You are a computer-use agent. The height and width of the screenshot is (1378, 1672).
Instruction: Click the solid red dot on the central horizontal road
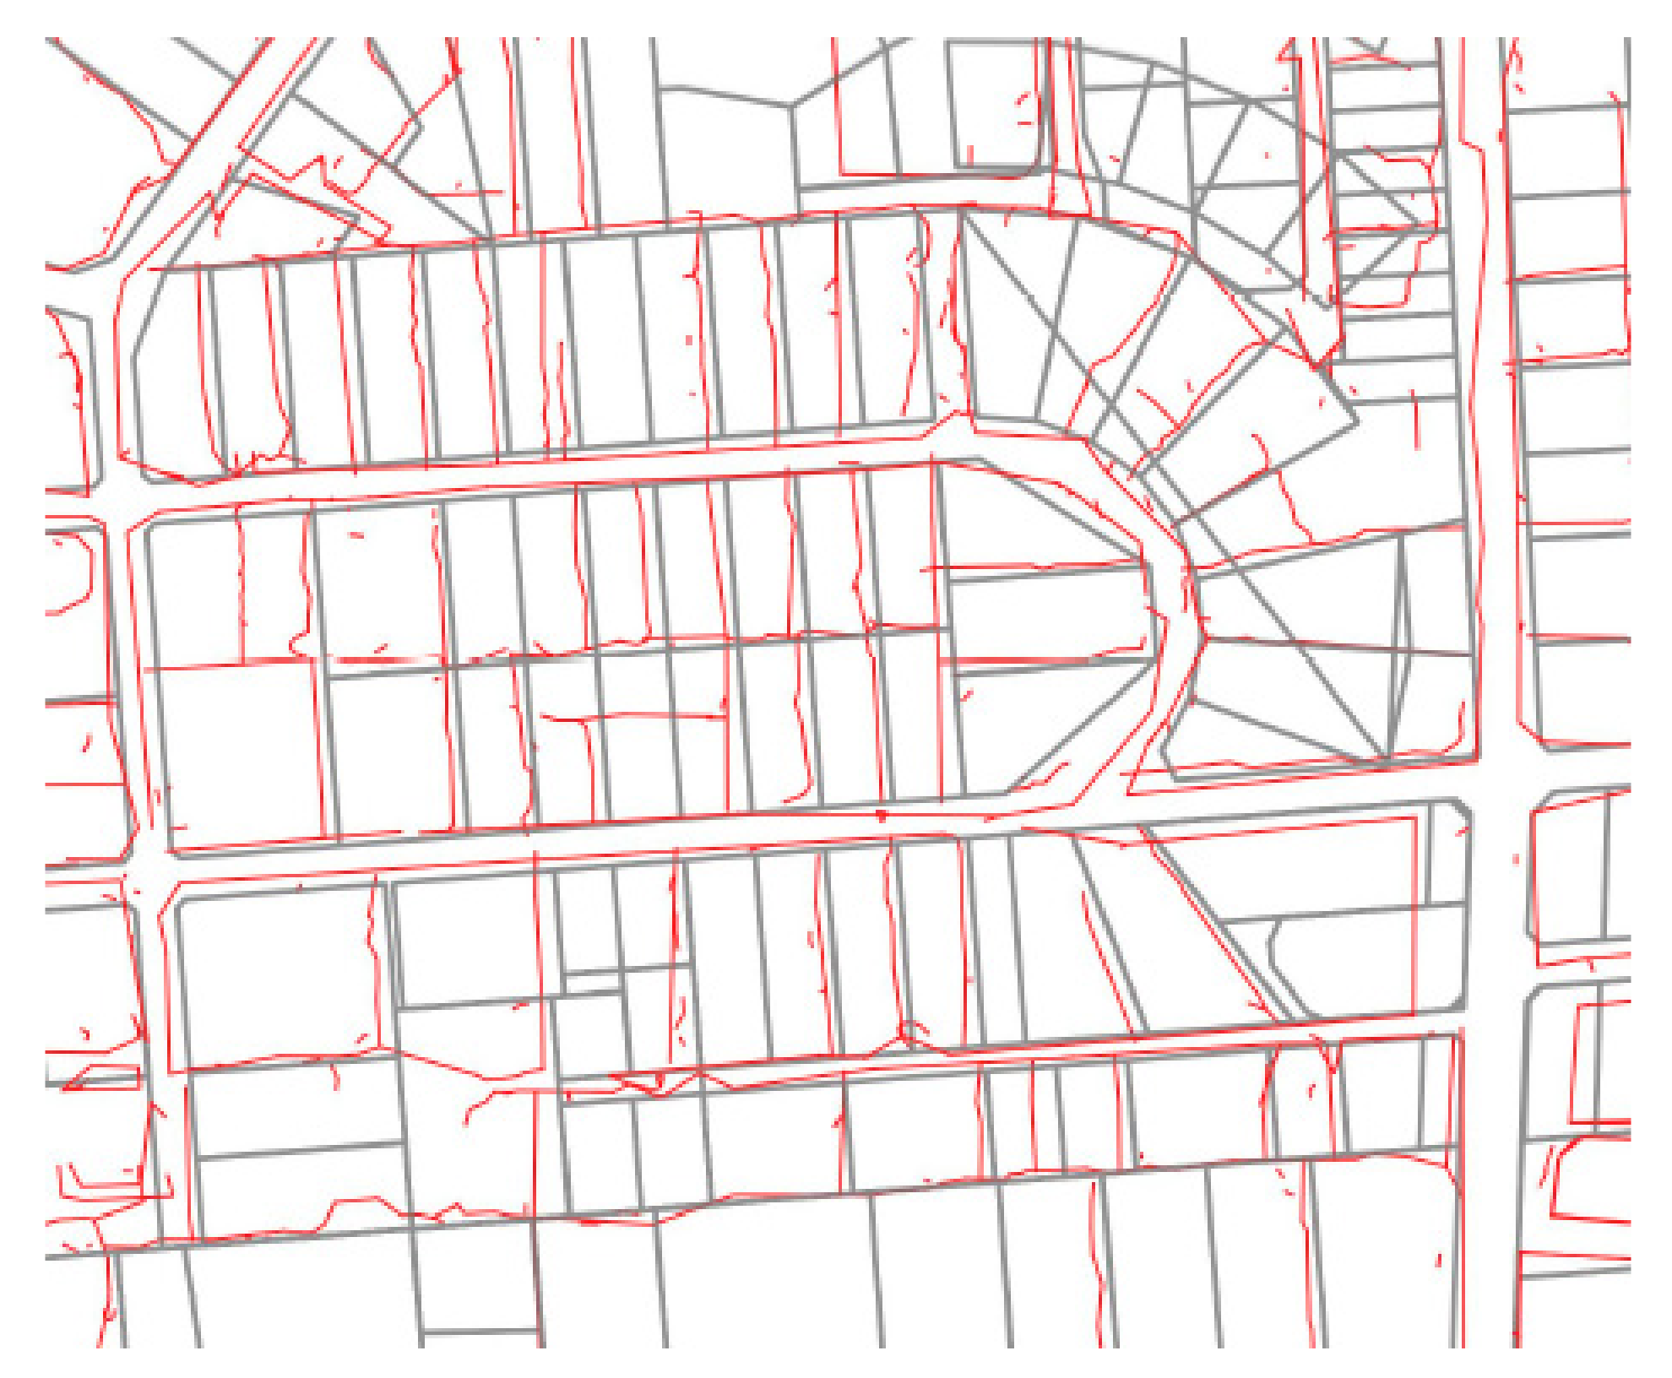tap(882, 816)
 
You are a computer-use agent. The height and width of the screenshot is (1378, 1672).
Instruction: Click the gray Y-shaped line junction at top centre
tap(791, 106)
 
